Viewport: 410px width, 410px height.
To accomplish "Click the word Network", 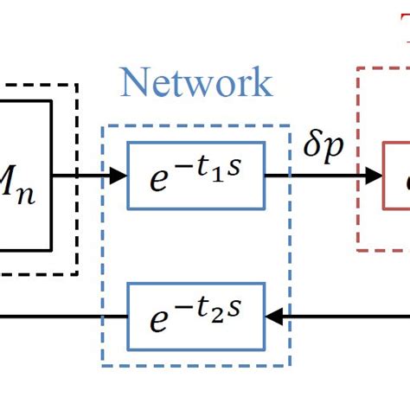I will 196,83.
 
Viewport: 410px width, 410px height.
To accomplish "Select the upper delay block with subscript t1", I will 195,176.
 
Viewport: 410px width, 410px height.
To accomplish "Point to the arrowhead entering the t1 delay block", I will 119,176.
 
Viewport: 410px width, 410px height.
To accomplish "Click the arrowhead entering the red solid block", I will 374,176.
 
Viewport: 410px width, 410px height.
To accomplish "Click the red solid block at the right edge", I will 397,176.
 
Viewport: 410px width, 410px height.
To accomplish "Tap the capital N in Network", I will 136,83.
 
